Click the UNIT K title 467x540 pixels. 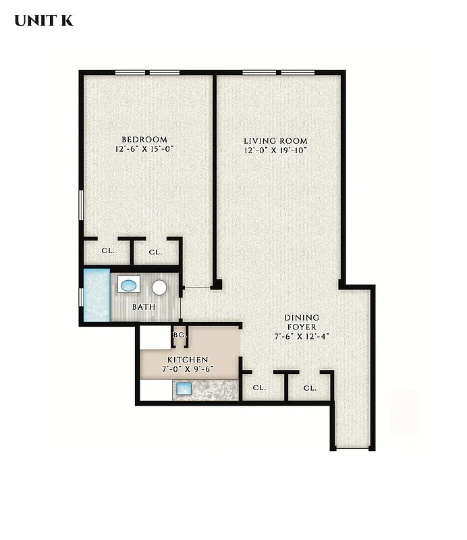[x=44, y=20]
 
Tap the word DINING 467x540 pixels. [x=302, y=318]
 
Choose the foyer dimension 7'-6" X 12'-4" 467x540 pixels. [x=302, y=336]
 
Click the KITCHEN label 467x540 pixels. [x=188, y=360]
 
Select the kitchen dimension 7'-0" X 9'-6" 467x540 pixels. [x=188, y=370]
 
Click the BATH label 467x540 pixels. [x=143, y=307]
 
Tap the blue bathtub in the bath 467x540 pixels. [x=96, y=296]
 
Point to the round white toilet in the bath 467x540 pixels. [x=159, y=288]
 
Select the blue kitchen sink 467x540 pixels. [x=184, y=389]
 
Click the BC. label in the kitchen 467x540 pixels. [x=180, y=335]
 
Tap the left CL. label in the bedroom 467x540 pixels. [x=108, y=250]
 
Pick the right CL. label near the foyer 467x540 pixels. [x=310, y=388]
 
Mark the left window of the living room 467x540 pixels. [x=259, y=72]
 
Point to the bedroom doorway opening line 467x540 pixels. [x=197, y=288]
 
